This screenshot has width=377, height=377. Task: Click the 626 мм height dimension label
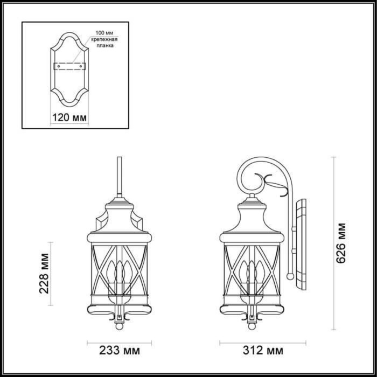(x=341, y=243)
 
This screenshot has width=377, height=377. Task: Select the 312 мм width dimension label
(x=263, y=351)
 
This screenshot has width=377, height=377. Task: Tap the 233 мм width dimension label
(x=120, y=351)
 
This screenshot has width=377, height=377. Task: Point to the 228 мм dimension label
(x=44, y=274)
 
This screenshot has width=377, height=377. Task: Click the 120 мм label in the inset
(x=69, y=118)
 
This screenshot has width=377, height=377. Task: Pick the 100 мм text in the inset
(x=104, y=33)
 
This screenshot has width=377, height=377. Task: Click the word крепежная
(x=104, y=39)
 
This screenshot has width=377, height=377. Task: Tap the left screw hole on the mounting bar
(x=58, y=66)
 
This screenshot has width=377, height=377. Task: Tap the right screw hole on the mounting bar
(x=81, y=66)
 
